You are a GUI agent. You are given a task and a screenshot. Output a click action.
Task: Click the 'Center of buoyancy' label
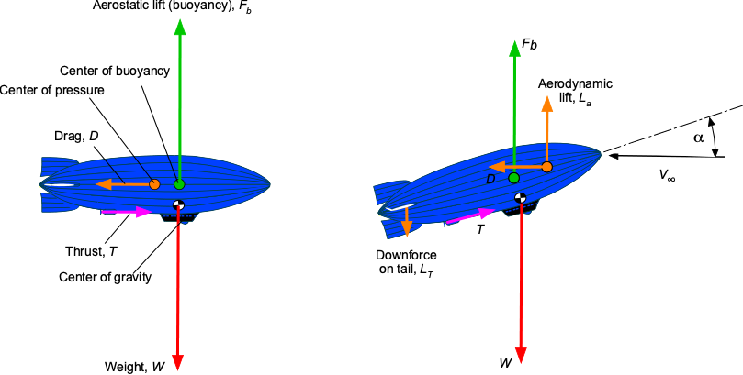click(115, 72)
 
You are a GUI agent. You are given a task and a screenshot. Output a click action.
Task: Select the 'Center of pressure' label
click(51, 90)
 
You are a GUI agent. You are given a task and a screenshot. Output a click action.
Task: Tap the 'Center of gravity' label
click(106, 277)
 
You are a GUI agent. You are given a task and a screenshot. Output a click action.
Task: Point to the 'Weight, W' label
click(134, 367)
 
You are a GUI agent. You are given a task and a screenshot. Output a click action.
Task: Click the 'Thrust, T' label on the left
click(91, 251)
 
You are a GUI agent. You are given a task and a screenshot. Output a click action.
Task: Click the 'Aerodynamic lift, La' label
click(575, 90)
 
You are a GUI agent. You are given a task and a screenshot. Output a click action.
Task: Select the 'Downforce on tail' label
click(406, 261)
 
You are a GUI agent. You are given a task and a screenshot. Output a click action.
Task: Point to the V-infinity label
click(667, 175)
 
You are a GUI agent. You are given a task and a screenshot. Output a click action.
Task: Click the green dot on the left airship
click(179, 184)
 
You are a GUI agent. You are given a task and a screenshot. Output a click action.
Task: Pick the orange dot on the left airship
click(154, 184)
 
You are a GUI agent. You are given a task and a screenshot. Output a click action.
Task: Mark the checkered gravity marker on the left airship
click(179, 204)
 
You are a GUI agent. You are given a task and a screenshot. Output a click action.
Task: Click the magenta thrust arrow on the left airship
click(127, 212)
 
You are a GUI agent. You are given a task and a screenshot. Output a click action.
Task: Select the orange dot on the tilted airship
click(546, 167)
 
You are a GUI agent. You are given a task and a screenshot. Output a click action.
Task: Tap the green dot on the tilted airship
click(513, 178)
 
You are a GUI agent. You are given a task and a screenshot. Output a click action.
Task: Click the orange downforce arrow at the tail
click(407, 221)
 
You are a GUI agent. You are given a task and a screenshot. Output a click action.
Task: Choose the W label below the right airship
click(506, 363)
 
